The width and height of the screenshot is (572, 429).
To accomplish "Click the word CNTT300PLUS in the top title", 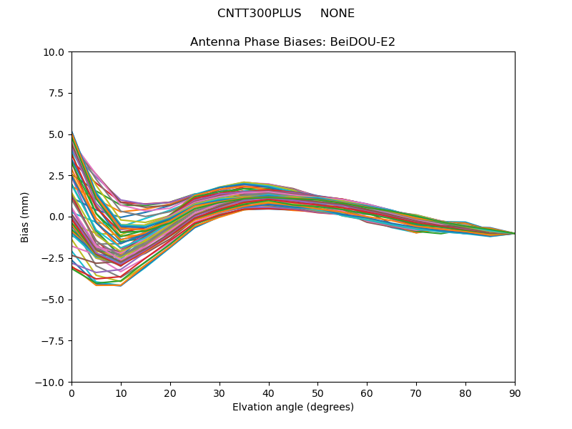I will click(259, 14).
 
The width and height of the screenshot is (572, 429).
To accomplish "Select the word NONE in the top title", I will click(337, 14).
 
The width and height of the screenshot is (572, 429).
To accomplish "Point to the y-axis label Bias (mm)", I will click(25, 217).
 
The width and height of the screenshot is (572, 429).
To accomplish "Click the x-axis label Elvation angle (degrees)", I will click(293, 408).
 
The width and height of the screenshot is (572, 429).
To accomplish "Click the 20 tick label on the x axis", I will click(170, 393).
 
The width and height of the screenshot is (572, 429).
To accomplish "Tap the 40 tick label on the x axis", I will click(269, 393).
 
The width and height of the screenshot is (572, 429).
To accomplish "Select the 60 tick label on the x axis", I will click(367, 393).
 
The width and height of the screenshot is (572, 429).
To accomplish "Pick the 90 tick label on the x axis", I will click(515, 393).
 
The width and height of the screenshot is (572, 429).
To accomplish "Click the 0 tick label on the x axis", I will click(71, 393).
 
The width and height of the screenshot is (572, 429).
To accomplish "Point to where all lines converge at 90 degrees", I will click(514, 233).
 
